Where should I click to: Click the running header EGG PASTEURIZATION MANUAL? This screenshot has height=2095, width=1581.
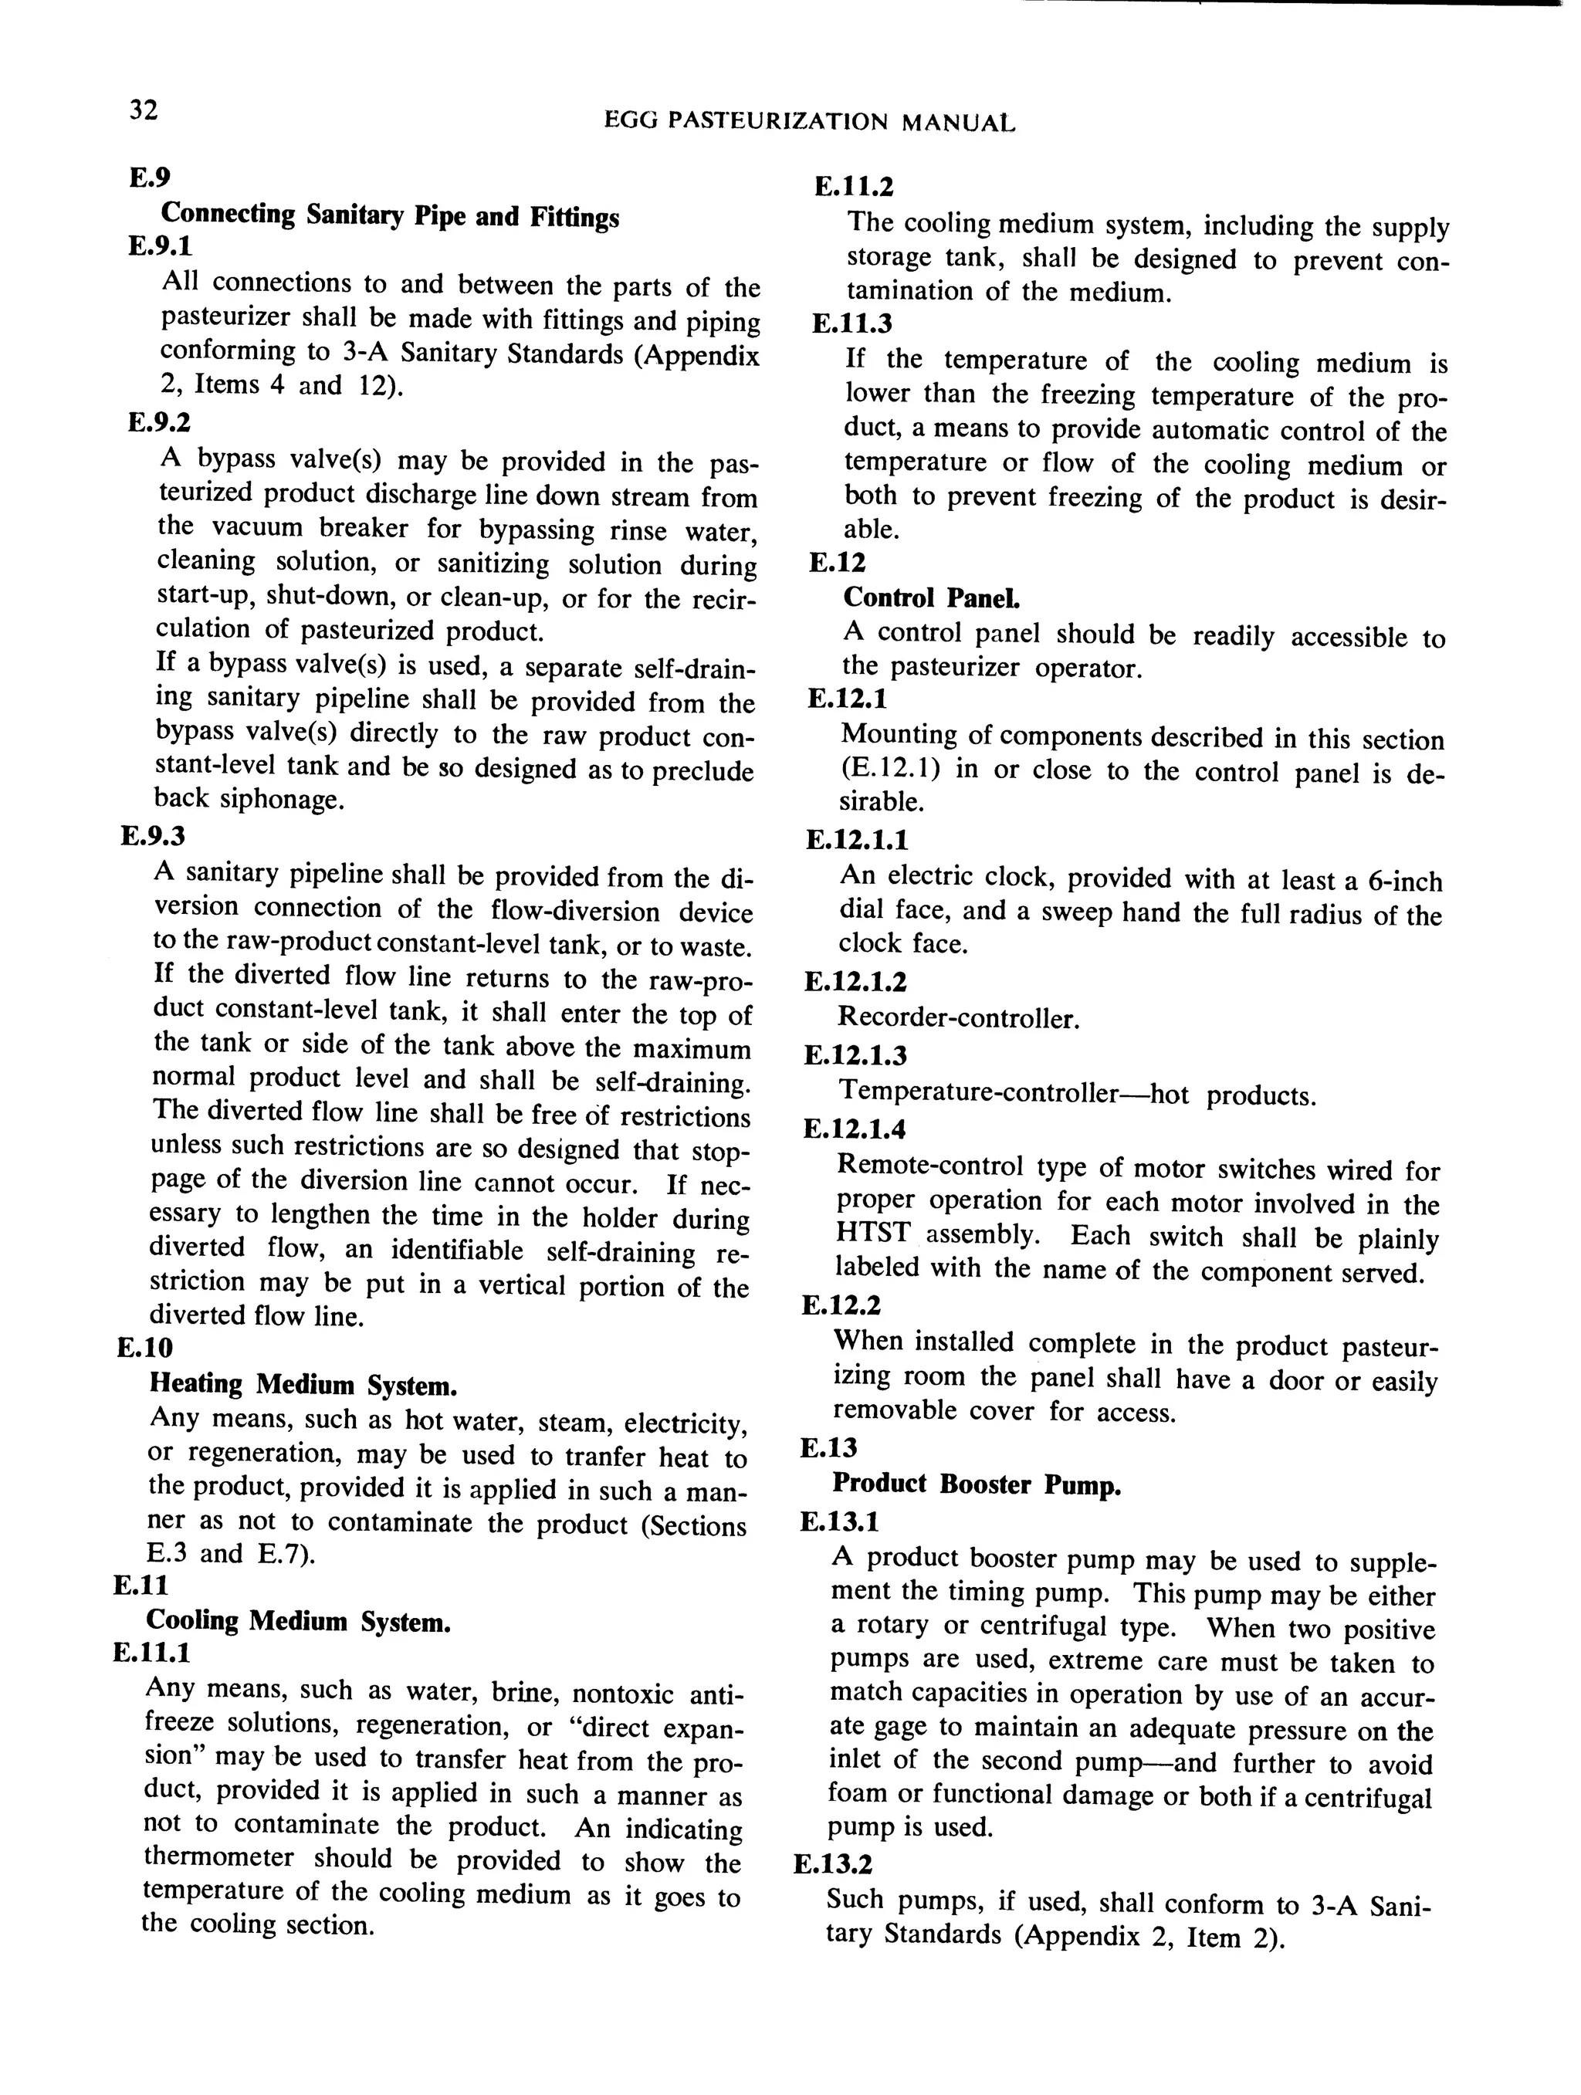pos(809,122)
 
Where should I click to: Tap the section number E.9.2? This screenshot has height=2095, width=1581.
pos(159,421)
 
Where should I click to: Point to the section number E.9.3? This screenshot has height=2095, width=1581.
pos(153,836)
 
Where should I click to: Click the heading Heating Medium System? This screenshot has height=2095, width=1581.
pos(303,1385)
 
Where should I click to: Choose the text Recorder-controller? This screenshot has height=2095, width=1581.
pos(958,1019)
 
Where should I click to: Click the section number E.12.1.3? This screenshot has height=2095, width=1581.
pos(855,1055)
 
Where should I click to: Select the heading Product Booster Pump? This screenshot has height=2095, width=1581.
pos(976,1484)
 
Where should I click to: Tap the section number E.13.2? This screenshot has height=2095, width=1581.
pos(833,1865)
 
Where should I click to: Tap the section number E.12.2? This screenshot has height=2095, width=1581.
pos(841,1306)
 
